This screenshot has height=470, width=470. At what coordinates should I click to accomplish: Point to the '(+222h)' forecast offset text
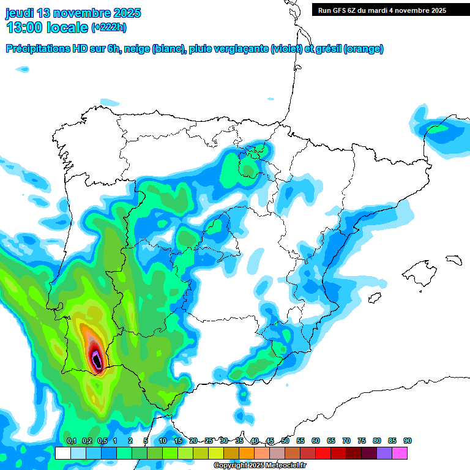click(108, 28)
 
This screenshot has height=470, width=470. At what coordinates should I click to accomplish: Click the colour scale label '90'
click(407, 441)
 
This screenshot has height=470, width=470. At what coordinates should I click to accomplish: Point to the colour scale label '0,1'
click(71, 441)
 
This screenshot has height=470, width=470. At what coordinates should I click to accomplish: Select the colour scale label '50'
click(285, 441)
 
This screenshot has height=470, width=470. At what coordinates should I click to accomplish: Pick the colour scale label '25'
click(209, 441)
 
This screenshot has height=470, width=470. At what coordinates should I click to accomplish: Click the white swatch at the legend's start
click(62, 453)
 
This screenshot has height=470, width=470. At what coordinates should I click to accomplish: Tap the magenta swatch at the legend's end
click(400, 453)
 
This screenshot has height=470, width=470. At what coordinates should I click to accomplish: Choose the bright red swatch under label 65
click(323, 453)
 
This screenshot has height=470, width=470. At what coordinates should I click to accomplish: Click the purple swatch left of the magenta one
click(384, 453)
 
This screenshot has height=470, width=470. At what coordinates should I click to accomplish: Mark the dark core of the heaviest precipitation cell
click(96, 359)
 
